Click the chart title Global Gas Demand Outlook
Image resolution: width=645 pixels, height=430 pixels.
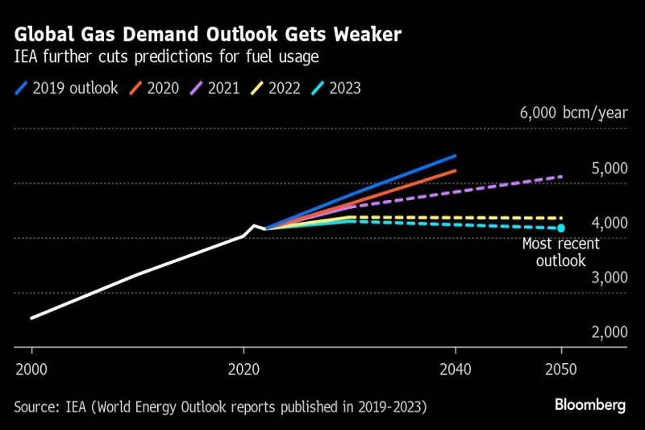pyautogui.click(x=209, y=35)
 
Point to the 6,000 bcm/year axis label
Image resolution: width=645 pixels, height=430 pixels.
pyautogui.click(x=572, y=113)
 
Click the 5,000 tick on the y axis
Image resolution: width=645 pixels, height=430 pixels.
pyautogui.click(x=610, y=168)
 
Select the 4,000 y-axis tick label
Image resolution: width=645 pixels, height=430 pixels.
pyautogui.click(x=610, y=223)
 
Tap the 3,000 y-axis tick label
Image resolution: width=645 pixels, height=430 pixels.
pyautogui.click(x=610, y=278)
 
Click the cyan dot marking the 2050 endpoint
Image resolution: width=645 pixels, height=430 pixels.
pyautogui.click(x=562, y=228)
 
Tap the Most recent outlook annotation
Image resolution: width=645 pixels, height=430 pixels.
pyautogui.click(x=553, y=253)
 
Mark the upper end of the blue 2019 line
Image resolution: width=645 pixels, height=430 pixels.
pyautogui.click(x=456, y=156)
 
